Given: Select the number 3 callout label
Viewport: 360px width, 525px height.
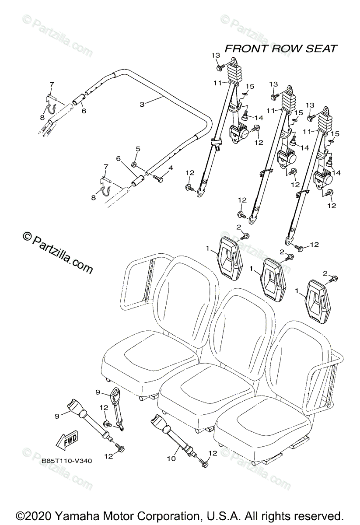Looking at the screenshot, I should [142, 104].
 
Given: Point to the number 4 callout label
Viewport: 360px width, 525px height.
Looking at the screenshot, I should [171, 168].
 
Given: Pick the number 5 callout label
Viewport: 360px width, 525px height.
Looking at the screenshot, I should [138, 149].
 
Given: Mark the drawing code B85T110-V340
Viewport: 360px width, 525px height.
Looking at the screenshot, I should [67, 460].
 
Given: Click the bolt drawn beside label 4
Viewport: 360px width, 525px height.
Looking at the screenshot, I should [157, 178].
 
